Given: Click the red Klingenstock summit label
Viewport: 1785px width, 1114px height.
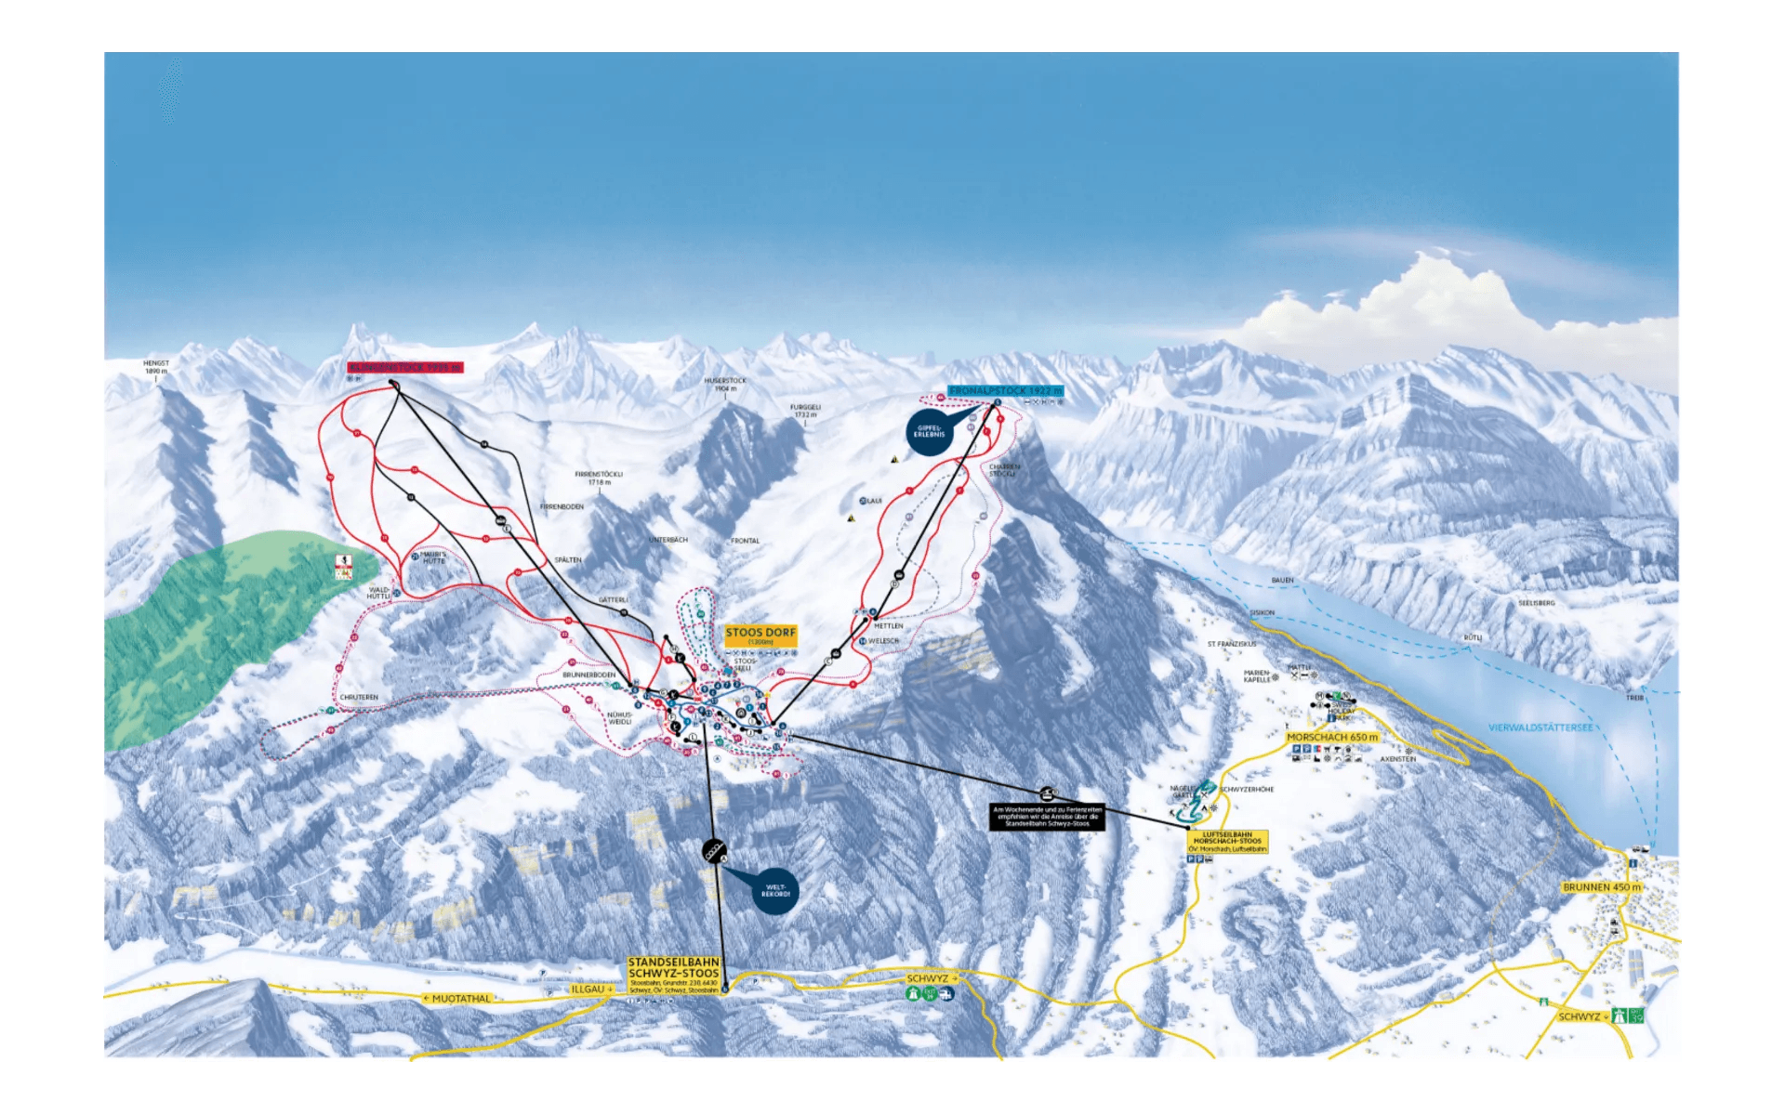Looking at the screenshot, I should point(404,368).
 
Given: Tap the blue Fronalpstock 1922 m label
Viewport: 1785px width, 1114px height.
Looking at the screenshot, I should point(1005,391).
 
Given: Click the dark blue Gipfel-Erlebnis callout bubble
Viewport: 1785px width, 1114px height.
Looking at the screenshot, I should point(929,432).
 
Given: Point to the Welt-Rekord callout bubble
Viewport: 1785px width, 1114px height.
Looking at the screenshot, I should point(775,891).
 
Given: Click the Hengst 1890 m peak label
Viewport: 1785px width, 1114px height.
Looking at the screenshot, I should point(156,367).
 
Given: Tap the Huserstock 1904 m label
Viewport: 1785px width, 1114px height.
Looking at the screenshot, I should point(725,384).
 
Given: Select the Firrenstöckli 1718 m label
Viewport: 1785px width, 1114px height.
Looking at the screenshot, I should point(599,478).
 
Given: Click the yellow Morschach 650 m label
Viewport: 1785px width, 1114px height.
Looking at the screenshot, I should point(1331,737).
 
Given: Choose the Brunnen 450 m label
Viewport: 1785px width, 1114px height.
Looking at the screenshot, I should point(1602,887).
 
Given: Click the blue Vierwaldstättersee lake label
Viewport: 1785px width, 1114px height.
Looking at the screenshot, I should point(1540,727).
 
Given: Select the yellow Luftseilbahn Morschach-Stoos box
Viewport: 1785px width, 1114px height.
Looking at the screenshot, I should point(1227,841).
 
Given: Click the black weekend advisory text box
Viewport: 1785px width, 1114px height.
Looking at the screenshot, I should point(1047,816).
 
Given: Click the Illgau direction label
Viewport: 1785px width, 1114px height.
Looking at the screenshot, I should point(591,989).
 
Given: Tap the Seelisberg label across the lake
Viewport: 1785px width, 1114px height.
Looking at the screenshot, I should point(1536,603).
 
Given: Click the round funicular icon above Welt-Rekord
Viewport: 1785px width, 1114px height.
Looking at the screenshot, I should point(713,850).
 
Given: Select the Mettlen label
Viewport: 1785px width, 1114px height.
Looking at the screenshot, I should point(888,626).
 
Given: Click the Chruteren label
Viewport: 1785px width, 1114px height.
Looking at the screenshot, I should point(359,697).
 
